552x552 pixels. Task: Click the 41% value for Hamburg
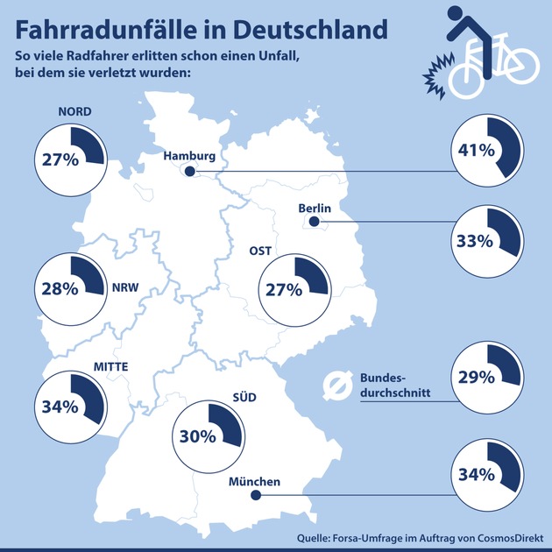[x=472, y=150]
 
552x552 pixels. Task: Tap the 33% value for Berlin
[x=472, y=237]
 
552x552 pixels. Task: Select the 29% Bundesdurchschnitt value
[x=472, y=378]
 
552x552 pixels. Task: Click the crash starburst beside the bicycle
[x=435, y=77]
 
